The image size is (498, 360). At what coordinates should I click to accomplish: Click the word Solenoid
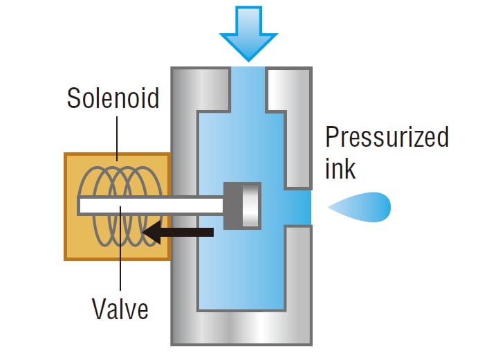pyautogui.click(x=113, y=98)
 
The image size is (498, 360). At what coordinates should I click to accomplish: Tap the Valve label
pyautogui.click(x=120, y=308)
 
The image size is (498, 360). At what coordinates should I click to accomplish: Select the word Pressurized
pyautogui.click(x=387, y=136)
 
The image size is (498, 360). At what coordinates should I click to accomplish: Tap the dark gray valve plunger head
pyautogui.click(x=243, y=206)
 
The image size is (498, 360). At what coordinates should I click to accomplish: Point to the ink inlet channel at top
pyautogui.click(x=248, y=87)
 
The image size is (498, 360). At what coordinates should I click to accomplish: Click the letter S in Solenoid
pyautogui.click(x=73, y=98)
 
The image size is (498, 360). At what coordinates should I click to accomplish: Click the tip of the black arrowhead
pyautogui.click(x=147, y=232)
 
